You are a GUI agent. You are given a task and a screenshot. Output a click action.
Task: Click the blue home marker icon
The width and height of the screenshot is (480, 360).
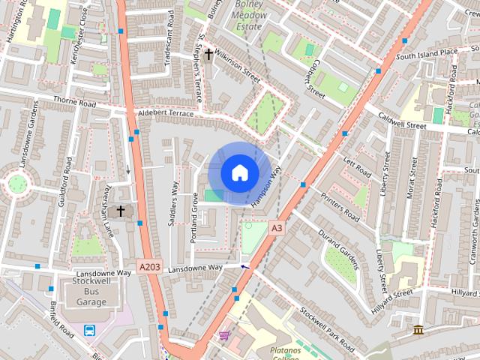(239, 173)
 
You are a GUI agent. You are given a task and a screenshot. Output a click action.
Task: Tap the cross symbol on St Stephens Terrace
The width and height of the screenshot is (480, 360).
(208, 54)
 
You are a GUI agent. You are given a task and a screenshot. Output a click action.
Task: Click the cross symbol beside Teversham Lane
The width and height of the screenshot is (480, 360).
(120, 211)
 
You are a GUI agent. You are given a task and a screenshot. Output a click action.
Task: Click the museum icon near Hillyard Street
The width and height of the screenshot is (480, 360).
(418, 329)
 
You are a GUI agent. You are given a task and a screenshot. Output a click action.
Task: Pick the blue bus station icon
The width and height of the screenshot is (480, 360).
(89, 330)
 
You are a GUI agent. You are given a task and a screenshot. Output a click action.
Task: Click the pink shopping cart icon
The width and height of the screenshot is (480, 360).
(223, 335)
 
